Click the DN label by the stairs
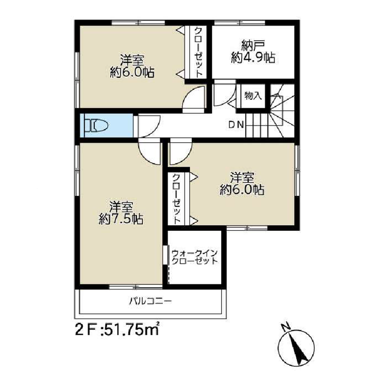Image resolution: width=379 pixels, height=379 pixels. pos(236,125)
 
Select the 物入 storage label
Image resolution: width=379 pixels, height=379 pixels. pos(253,96)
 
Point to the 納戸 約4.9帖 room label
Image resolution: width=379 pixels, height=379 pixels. pos(253,52)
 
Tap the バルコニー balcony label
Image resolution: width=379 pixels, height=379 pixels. pos(151,301)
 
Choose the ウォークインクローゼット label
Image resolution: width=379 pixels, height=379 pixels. pos(195,257)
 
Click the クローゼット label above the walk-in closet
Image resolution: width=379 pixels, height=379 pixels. pos(176,199)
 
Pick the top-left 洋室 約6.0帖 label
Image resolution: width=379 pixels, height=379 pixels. pos(132,66)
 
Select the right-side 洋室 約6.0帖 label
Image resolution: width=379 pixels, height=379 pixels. pos(242,184)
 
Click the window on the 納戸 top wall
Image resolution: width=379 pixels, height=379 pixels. pos(240,23)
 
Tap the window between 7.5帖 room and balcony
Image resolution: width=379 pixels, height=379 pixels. pos(135,287)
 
